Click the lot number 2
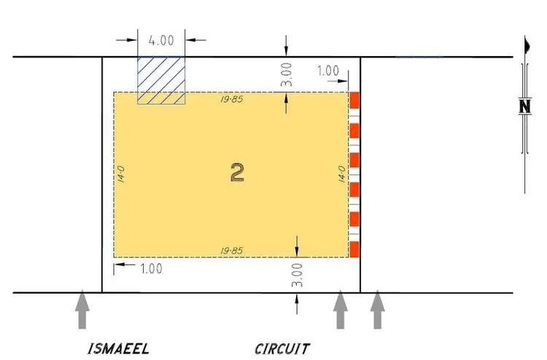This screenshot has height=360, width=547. click(237, 172)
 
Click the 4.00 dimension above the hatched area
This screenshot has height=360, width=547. click(161, 40)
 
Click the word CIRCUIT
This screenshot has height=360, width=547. click(282, 348)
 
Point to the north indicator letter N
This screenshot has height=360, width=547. click(524, 106)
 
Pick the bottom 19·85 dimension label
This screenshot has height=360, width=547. click(232, 251)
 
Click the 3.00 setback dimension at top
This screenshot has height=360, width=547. click(287, 74)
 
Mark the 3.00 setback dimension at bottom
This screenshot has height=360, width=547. click(296, 275)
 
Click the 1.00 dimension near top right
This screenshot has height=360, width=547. click(328, 71)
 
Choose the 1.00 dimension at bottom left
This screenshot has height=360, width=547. click(150, 268)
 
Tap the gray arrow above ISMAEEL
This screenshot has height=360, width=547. click(83, 309)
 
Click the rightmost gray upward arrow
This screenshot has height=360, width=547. click(377, 309)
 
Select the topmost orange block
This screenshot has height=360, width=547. click(355, 100)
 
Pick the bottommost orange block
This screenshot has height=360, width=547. click(355, 249)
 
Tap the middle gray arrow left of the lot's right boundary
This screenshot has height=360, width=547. click(340, 309)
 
